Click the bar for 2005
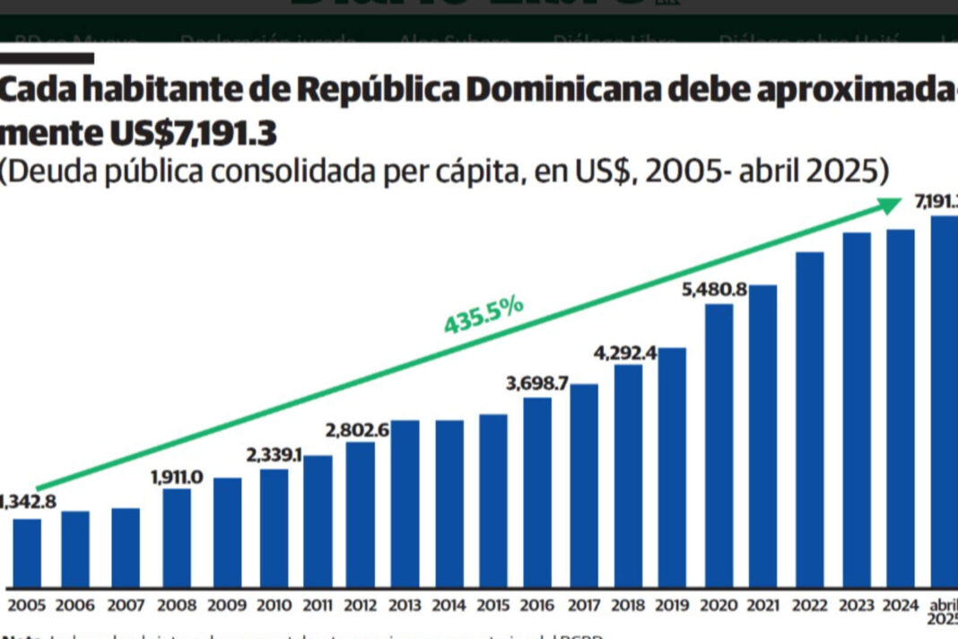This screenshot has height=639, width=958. [x=27, y=553]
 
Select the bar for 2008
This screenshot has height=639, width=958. [x=177, y=538]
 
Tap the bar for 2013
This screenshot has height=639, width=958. [x=405, y=503]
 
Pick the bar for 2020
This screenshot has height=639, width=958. [x=718, y=445]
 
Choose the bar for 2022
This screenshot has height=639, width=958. [x=809, y=419]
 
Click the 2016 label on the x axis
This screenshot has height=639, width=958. [x=537, y=607]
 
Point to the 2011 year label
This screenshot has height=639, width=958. [x=318, y=607]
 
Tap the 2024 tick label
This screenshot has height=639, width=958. [x=900, y=607]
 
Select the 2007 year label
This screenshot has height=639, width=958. [x=126, y=607]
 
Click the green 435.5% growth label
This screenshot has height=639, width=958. [x=483, y=314]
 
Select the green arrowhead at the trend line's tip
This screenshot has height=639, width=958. [x=887, y=206]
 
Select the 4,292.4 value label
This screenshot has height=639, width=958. [x=625, y=353]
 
